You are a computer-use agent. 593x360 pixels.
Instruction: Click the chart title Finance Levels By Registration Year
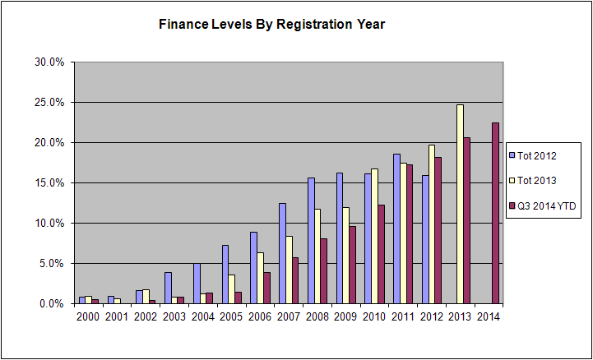point(271,24)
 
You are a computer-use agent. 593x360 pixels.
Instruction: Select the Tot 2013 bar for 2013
point(460,204)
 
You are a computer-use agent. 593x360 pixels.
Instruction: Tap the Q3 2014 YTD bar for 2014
point(495,213)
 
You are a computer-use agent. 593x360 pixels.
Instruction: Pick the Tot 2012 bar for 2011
point(396,228)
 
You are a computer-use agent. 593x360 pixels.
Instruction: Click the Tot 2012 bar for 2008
point(311,241)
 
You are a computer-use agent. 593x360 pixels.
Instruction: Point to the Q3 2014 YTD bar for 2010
point(382,254)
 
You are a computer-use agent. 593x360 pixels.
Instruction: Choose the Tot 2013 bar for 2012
point(432,224)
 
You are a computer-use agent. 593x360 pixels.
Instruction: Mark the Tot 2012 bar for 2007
point(282,253)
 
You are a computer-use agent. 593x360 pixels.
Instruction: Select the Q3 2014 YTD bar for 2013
point(466,220)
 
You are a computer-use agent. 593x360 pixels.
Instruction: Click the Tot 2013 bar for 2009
point(346,256)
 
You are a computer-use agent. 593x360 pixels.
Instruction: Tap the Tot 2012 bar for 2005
point(225,275)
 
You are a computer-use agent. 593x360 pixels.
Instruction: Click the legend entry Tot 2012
point(533,155)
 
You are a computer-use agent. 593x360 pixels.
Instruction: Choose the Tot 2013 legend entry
point(533,181)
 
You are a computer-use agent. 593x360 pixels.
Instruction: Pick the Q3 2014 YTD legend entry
point(543,205)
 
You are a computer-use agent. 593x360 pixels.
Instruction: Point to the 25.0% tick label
point(49,103)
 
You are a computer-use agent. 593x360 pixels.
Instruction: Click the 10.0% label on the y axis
point(49,224)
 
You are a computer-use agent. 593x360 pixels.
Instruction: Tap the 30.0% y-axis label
point(49,62)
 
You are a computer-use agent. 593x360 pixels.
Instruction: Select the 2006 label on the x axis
point(260,316)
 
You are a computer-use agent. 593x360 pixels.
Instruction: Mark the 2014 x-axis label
point(489,316)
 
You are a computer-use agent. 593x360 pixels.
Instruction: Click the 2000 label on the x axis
point(88,316)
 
